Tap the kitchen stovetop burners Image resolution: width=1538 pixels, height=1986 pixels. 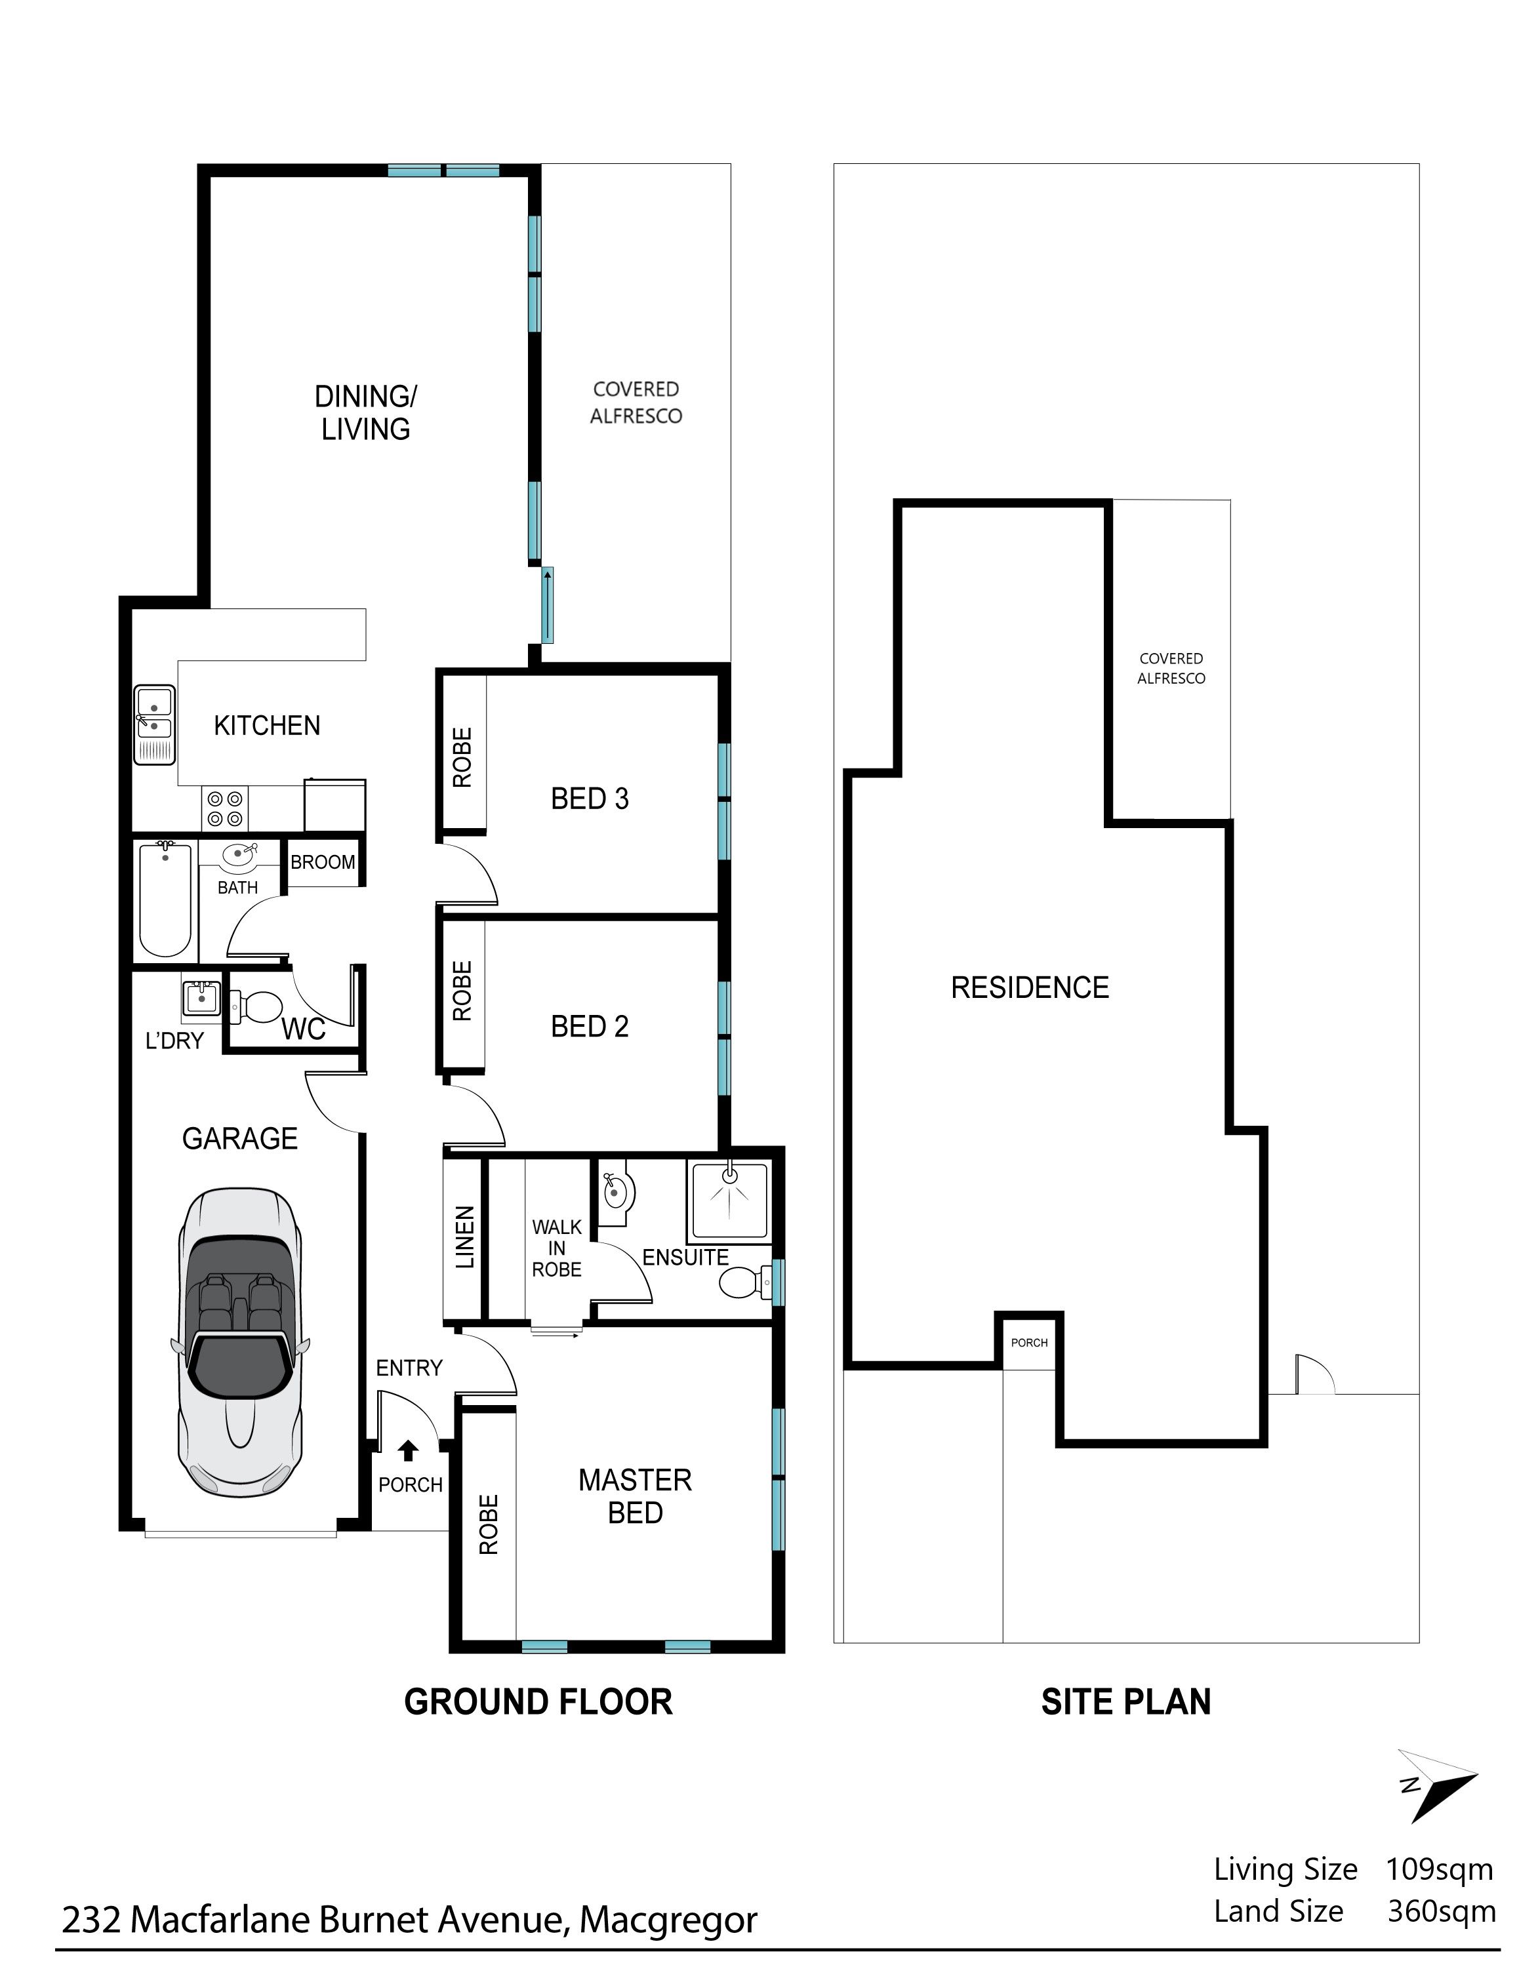(x=226, y=808)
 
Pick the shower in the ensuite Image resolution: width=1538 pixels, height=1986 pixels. (x=729, y=1201)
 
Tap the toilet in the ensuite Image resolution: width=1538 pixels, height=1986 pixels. (x=743, y=1283)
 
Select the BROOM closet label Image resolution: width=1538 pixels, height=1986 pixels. (x=323, y=862)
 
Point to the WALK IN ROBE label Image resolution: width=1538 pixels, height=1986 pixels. (x=557, y=1248)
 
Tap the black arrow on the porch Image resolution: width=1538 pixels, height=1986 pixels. (x=409, y=1450)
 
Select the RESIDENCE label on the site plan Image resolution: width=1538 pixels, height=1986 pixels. (x=1030, y=987)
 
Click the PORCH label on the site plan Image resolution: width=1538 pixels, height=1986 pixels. (x=1030, y=1342)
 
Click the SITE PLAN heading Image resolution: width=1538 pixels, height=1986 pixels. (x=1126, y=1702)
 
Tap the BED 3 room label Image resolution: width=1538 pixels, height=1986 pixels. (x=590, y=799)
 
